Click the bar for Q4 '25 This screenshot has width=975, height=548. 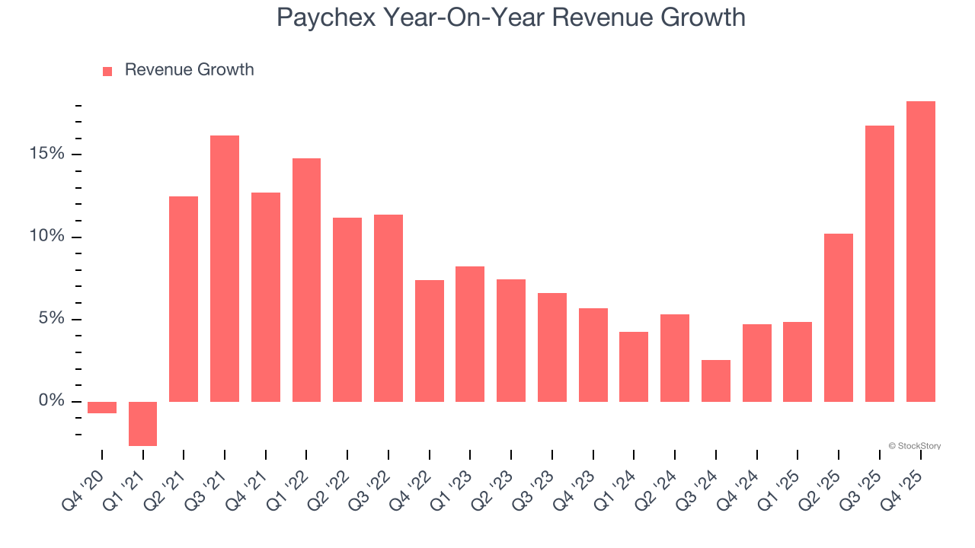(920, 251)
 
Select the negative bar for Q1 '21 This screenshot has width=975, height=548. (142, 423)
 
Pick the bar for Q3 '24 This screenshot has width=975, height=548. (716, 381)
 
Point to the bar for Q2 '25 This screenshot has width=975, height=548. (839, 317)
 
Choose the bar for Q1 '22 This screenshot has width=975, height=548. (306, 279)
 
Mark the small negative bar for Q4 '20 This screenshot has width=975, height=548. (102, 407)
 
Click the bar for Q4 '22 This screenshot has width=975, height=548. (430, 340)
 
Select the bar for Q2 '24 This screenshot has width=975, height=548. (675, 358)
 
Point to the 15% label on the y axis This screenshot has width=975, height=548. (47, 154)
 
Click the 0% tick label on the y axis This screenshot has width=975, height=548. (52, 401)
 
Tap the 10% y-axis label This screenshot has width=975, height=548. (47, 237)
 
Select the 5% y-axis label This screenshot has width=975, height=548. (52, 319)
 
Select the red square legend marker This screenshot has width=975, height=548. (107, 71)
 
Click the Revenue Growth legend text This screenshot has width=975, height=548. (189, 70)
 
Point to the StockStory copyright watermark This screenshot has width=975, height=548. (914, 446)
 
